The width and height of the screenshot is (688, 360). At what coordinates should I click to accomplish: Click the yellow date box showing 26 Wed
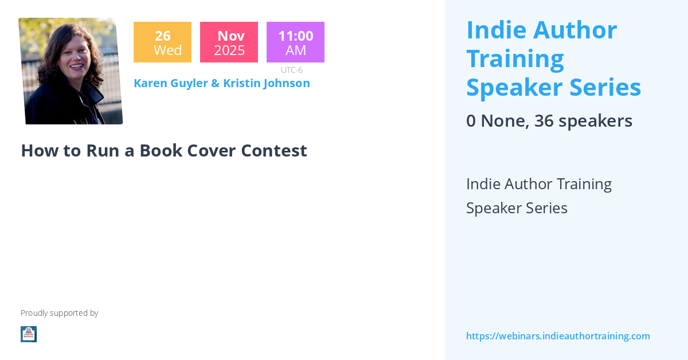click(x=162, y=42)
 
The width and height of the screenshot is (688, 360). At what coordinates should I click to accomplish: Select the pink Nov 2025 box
click(x=229, y=42)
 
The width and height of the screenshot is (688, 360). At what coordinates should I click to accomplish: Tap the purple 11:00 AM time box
click(x=295, y=42)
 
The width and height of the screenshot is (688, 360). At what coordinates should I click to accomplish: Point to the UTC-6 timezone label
click(x=291, y=70)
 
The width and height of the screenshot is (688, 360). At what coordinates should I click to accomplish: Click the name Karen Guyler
click(x=170, y=83)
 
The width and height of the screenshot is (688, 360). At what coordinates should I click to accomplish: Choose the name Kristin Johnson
click(x=266, y=83)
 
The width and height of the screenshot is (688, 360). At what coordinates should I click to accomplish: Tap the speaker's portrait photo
click(x=71, y=71)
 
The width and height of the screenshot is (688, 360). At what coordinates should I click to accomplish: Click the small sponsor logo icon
click(x=29, y=334)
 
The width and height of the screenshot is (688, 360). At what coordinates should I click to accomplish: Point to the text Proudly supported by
click(x=59, y=313)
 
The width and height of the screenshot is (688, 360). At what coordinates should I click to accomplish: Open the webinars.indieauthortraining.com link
click(x=558, y=336)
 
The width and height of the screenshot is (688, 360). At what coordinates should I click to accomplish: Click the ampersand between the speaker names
click(x=215, y=83)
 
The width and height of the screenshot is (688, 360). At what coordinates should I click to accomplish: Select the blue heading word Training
click(x=515, y=58)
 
